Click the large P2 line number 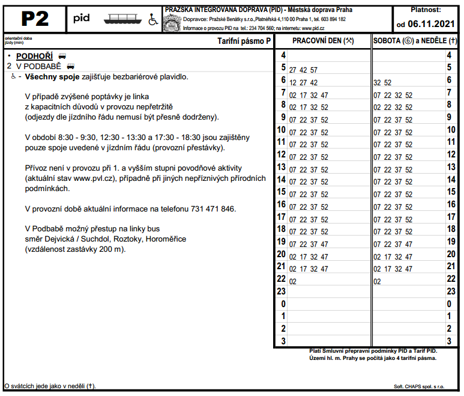point(34,19)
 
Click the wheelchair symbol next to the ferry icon point(152,20)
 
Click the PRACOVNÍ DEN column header point(322,41)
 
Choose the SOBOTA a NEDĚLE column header point(415,41)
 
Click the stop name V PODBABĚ point(38,66)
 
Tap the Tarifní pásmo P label point(244,41)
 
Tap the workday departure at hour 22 point(293,281)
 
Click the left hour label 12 point(280,154)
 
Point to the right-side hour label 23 point(448,291)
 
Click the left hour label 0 point(283,304)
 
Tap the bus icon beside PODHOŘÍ point(62,56)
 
